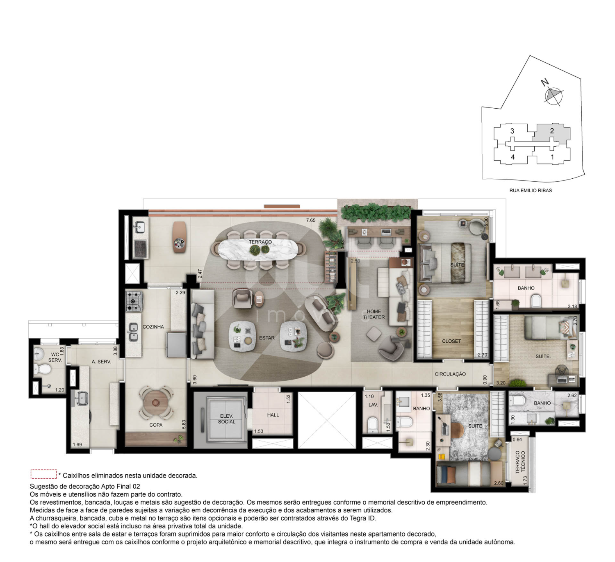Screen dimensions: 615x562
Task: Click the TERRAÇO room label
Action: click(260, 242)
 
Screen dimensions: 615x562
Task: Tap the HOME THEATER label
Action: click(374, 314)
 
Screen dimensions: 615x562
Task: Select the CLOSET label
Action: click(451, 341)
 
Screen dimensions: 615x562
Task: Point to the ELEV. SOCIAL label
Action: click(227, 419)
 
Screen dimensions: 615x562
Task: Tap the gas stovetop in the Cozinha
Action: click(133, 301)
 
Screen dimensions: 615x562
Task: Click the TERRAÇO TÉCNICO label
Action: click(520, 462)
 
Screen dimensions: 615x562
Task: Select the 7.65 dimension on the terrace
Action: click(310, 220)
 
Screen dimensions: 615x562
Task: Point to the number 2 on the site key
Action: click(552, 131)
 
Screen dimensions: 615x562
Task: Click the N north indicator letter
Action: click(544, 82)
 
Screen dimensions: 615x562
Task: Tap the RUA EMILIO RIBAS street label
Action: click(531, 190)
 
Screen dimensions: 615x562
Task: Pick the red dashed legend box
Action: click(43, 474)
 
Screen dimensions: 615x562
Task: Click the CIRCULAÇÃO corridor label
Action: click(450, 374)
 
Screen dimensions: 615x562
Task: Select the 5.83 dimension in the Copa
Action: click(184, 424)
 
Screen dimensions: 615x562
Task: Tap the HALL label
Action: click(273, 415)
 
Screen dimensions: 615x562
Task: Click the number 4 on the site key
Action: click(512, 157)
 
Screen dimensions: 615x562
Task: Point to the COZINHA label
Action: click(153, 327)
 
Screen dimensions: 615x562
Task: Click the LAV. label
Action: click(373, 405)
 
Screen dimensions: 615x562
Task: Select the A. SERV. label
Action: click(101, 362)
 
